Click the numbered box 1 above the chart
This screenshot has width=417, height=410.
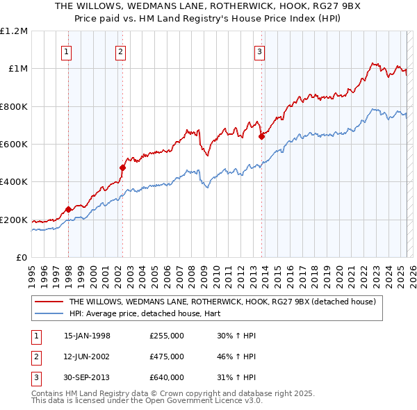66,51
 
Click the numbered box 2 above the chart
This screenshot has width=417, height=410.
120,51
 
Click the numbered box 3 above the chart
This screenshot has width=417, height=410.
259,51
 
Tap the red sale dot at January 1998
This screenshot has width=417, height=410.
68,209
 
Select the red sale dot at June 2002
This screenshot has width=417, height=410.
122,167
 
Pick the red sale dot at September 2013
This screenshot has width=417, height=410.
261,136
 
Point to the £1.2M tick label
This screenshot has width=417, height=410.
14,31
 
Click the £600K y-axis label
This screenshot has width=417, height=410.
14,145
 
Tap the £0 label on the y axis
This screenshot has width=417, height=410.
22,258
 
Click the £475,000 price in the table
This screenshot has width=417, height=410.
167,356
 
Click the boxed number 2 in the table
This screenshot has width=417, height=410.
35,356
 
